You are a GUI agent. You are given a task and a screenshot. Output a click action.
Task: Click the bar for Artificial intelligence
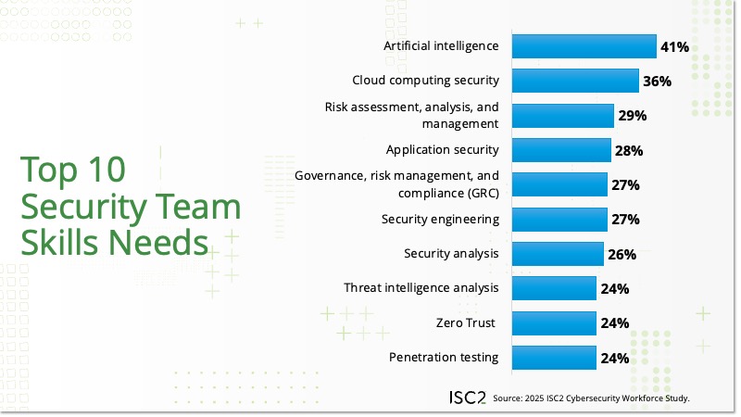tap(584, 46)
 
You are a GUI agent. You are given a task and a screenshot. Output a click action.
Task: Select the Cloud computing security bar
tap(574, 81)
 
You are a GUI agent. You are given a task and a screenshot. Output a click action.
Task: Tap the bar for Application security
tap(560, 150)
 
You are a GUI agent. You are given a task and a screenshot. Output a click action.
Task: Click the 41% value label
tap(674, 46)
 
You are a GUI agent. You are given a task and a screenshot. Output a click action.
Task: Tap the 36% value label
tap(657, 82)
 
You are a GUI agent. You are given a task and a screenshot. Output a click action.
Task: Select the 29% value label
tap(632, 116)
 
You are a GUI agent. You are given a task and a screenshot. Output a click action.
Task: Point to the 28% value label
tap(629, 150)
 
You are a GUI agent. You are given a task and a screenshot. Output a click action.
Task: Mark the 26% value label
tap(625, 254)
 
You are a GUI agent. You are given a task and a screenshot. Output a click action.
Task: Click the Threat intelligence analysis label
tap(421, 288)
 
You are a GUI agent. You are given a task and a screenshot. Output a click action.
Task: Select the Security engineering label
tap(440, 220)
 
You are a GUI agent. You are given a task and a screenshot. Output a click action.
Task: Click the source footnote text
tap(592, 398)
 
